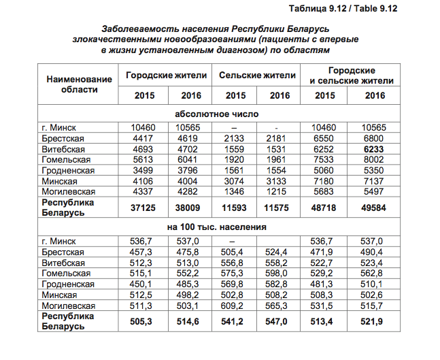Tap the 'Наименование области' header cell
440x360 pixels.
coord(79,84)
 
